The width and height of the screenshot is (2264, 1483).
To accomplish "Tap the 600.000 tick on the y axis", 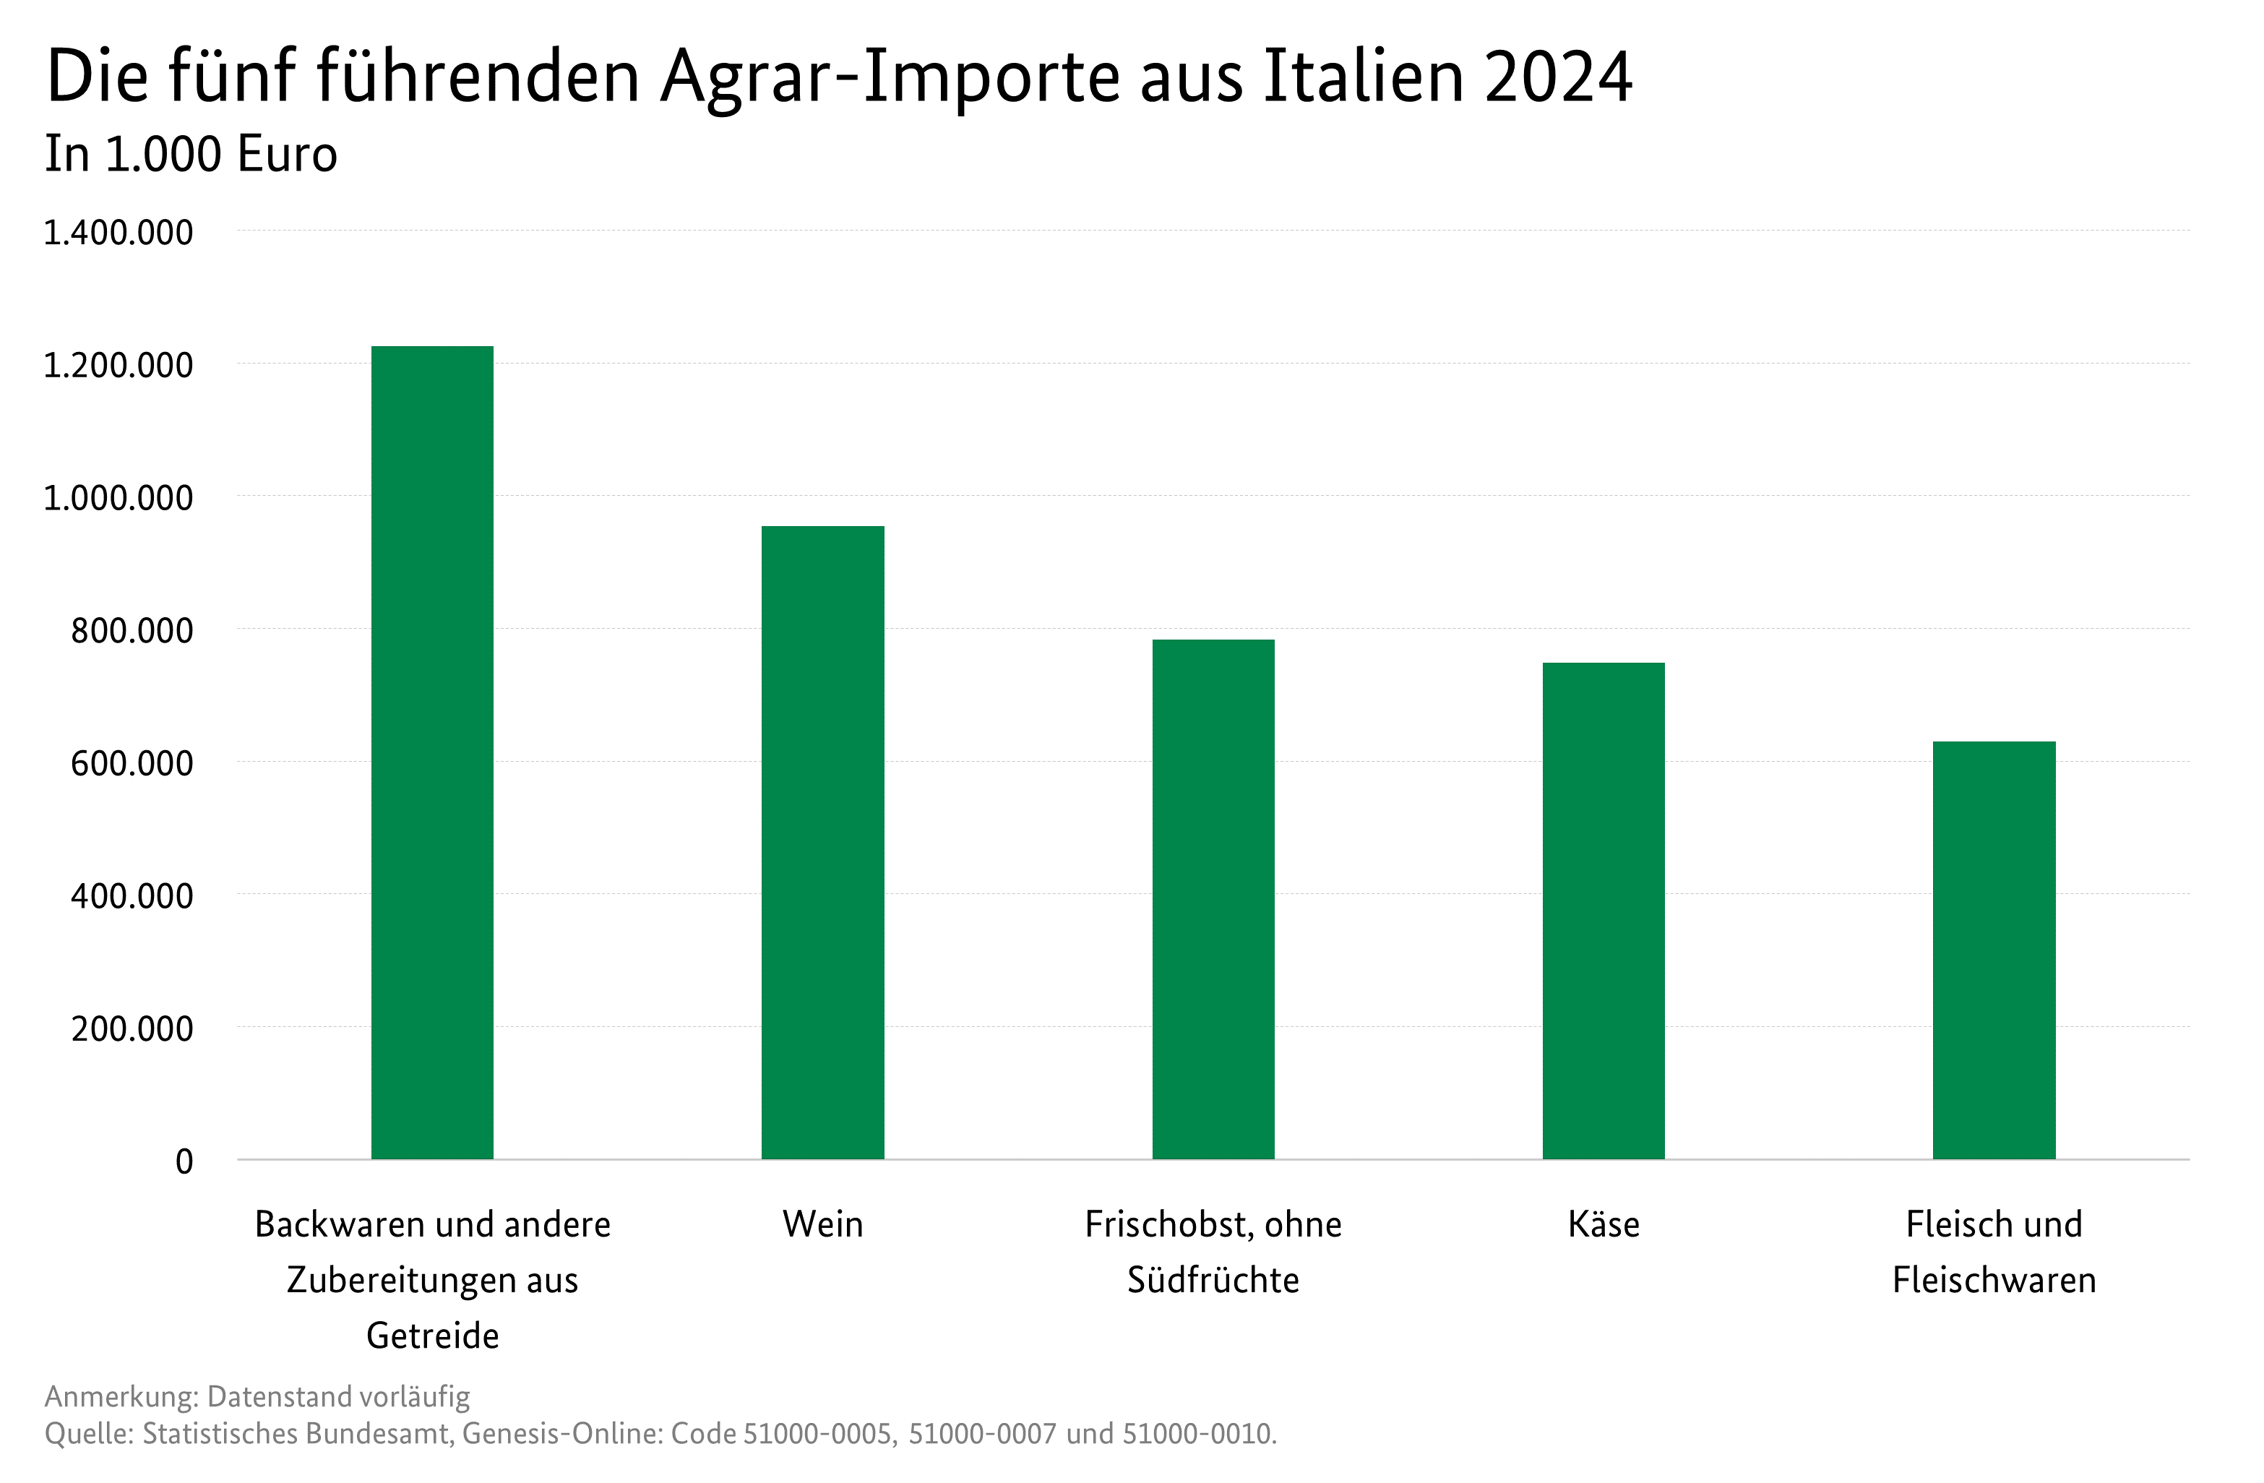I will point(132,763).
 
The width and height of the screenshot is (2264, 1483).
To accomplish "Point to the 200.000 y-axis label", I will point(132,1028).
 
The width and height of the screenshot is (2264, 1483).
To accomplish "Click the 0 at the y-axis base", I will point(184,1161).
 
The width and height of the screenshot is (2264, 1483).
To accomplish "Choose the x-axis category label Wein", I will point(823,1224).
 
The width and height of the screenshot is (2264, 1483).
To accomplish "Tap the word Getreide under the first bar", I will point(433,1336).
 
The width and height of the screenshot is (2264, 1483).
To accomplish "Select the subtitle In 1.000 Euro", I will point(191,154).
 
